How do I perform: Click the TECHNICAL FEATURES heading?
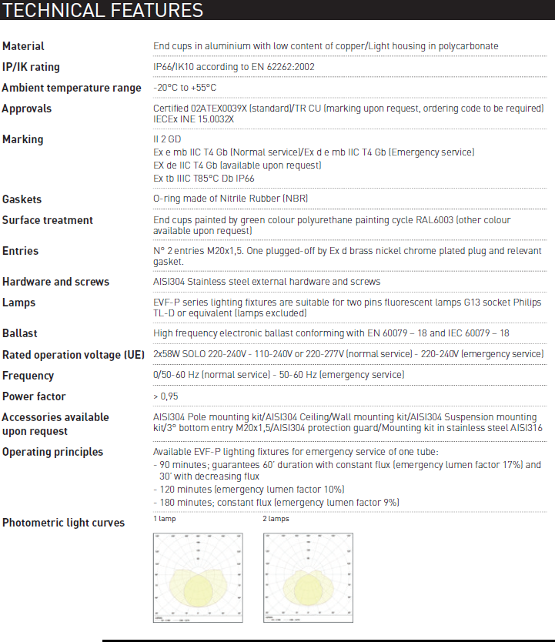pyautogui.click(x=104, y=11)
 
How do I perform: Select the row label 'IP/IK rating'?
pyautogui.click(x=31, y=67)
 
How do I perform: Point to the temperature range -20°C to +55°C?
pyautogui.click(x=185, y=88)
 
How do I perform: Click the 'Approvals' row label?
pyautogui.click(x=27, y=109)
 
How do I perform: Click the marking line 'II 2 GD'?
pyautogui.click(x=167, y=139)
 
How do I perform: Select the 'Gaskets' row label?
pyautogui.click(x=22, y=199)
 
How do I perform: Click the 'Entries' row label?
pyautogui.click(x=21, y=251)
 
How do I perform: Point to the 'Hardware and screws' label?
pyautogui.click(x=55, y=282)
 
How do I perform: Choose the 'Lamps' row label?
pyautogui.click(x=19, y=303)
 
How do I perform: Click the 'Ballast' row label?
pyautogui.click(x=20, y=333)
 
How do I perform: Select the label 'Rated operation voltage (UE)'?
pyautogui.click(x=73, y=355)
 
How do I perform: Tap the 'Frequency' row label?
pyautogui.click(x=28, y=376)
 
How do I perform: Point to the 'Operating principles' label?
pyautogui.click(x=53, y=452)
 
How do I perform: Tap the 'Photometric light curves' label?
pyautogui.click(x=63, y=523)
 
